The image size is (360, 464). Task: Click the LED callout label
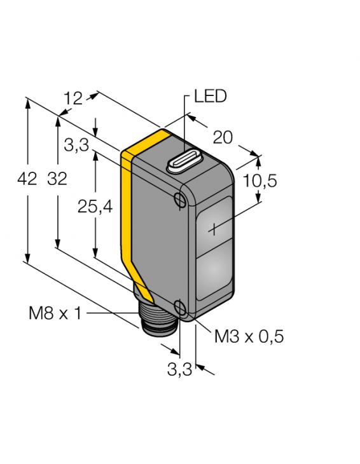click(x=210, y=97)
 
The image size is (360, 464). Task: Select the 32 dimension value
click(x=57, y=180)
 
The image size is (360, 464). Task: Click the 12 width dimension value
click(x=74, y=98)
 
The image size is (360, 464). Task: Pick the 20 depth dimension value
click(x=223, y=136)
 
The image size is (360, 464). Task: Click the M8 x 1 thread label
click(x=55, y=313)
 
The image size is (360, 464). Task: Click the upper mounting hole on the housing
click(x=179, y=200)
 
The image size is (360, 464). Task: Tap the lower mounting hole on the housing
click(x=181, y=310)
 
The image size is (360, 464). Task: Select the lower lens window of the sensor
click(x=215, y=273)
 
